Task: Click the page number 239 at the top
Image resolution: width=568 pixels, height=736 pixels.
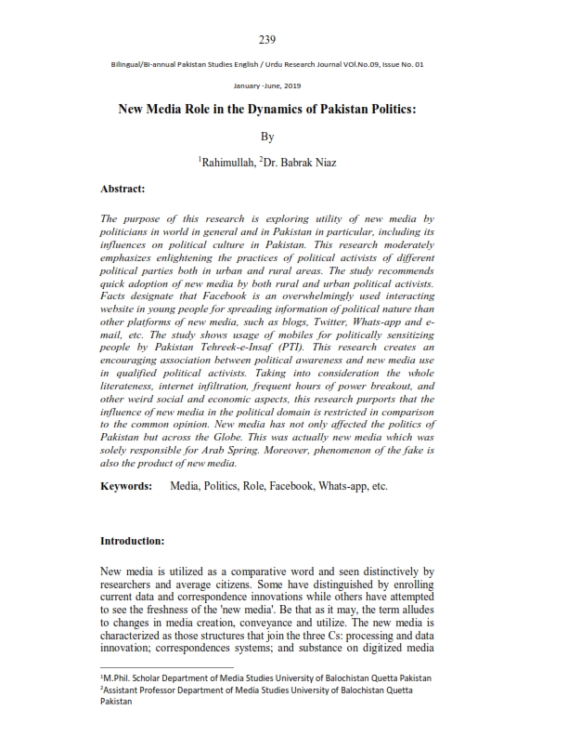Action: point(267,39)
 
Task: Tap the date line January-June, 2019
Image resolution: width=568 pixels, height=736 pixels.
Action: point(267,85)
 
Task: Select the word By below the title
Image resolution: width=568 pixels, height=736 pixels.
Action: point(267,136)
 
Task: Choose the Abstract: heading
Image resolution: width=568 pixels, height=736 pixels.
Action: point(123,189)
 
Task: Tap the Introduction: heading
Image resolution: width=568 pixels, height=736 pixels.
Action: point(132,540)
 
